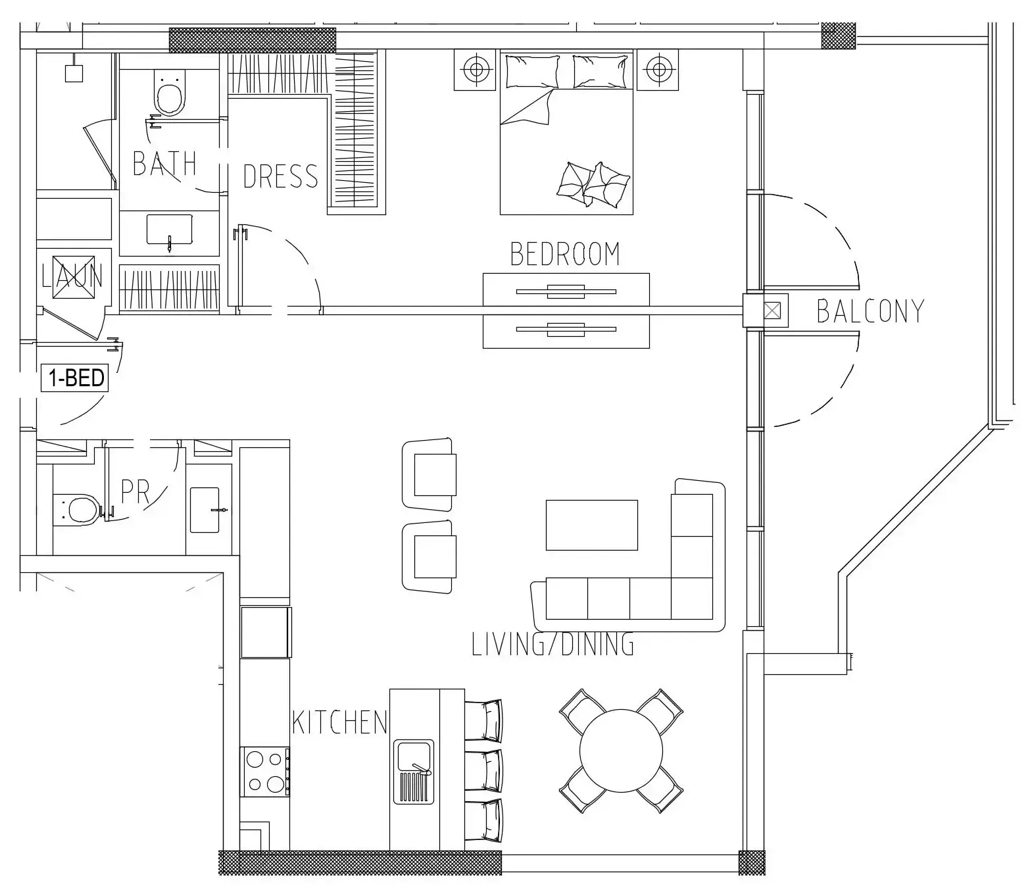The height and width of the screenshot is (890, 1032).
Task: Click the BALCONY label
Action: click(870, 310)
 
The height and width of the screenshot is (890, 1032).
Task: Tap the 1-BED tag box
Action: click(75, 378)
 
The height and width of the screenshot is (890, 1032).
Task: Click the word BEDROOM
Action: click(565, 254)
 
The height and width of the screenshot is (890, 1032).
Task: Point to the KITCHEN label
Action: click(339, 722)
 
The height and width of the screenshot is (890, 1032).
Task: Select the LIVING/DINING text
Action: click(553, 644)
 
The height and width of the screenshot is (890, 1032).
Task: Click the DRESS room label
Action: click(281, 176)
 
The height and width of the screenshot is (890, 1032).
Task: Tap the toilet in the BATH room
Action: click(170, 93)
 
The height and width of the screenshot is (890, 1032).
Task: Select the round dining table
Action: click(621, 751)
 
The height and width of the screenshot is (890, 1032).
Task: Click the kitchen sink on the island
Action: click(414, 772)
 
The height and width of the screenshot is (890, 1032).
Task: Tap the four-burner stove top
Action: click(265, 772)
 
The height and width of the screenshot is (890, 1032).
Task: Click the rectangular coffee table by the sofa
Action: click(591, 525)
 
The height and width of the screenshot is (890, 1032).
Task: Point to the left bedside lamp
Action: click(476, 70)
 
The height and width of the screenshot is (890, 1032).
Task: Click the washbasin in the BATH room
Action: click(169, 230)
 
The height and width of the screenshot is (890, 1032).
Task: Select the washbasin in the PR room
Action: click(205, 510)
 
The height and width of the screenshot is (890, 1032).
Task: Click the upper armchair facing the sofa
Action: click(430, 474)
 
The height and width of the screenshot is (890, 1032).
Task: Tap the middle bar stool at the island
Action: click(483, 770)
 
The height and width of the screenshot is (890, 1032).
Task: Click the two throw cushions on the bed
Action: click(593, 184)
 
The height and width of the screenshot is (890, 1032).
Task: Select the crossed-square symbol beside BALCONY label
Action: click(772, 310)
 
